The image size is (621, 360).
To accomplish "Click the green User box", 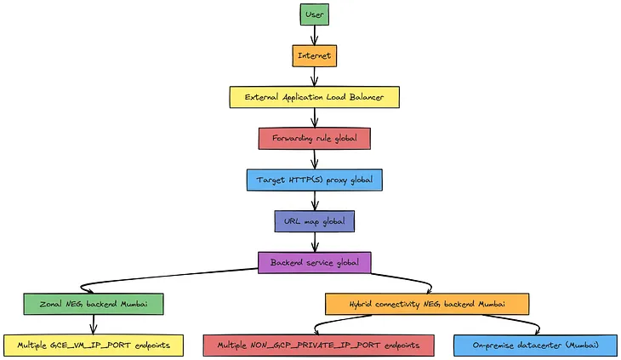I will click(x=314, y=14).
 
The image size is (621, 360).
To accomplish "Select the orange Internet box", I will click(x=314, y=55).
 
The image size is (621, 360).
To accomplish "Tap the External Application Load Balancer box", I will click(x=314, y=97).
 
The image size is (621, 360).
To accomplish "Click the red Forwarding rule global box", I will click(x=314, y=138).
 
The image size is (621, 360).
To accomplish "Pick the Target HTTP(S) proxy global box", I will click(x=314, y=180).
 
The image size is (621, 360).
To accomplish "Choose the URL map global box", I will click(x=314, y=221).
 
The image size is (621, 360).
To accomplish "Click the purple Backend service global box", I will click(x=314, y=262).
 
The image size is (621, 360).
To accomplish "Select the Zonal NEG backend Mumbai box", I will click(x=93, y=304).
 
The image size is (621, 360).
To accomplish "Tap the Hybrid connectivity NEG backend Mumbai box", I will click(x=427, y=304).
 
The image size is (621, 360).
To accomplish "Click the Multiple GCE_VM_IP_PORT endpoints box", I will click(x=93, y=345).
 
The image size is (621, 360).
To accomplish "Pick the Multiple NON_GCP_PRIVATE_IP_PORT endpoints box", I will click(x=319, y=345).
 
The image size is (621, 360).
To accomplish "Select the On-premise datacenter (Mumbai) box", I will click(x=535, y=345).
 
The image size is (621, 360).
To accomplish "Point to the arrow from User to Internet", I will click(x=314, y=35).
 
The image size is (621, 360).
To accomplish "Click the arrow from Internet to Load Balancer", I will click(x=314, y=77).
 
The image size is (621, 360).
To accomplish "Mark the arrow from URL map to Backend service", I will click(x=314, y=242).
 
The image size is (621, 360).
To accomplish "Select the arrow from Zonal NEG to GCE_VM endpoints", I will click(x=93, y=324).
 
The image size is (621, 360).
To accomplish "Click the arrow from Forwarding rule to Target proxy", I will click(x=314, y=159).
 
